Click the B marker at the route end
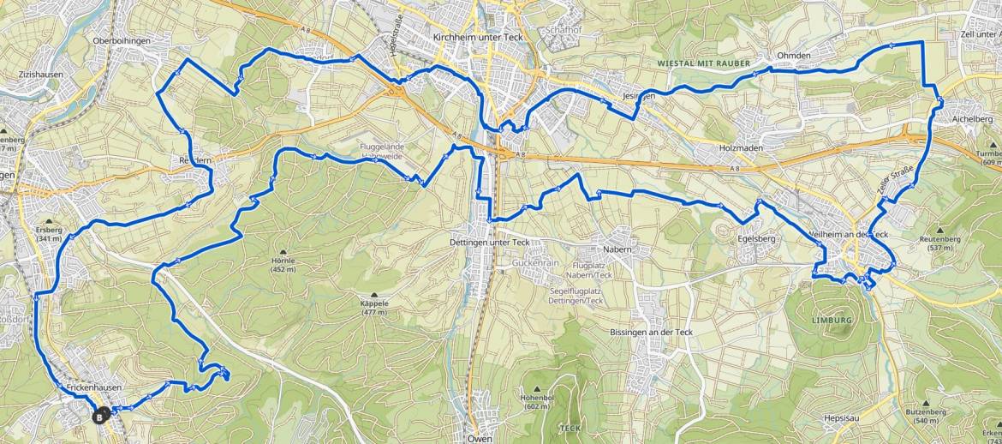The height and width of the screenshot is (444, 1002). pyautogui.click(x=100, y=417)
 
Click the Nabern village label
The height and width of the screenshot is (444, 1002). pyautogui.click(x=617, y=249)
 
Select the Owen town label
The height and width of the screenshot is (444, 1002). pyautogui.click(x=480, y=438)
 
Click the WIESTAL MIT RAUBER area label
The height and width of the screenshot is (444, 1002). pyautogui.click(x=703, y=63)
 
